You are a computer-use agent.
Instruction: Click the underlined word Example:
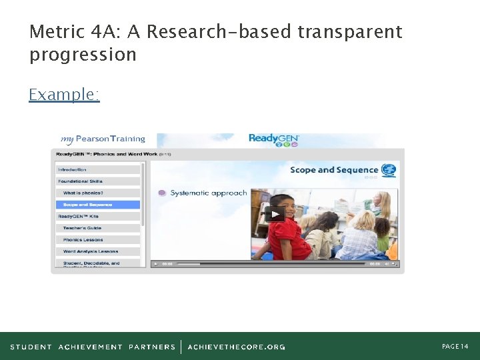click(64, 95)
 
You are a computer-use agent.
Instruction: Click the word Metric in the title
click(56, 32)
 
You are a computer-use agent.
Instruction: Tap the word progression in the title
click(83, 55)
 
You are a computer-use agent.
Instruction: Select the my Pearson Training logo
click(103, 139)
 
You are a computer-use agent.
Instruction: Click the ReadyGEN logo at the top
click(273, 139)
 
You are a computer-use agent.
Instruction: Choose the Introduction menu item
click(72, 169)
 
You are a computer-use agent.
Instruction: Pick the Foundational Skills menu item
click(80, 181)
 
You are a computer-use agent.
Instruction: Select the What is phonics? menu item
click(83, 193)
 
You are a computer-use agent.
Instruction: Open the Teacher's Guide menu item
click(83, 228)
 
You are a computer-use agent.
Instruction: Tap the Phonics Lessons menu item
click(83, 240)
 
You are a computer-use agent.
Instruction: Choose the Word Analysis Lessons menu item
click(91, 251)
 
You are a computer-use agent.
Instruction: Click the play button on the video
click(274, 214)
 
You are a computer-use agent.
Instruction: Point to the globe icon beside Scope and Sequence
click(389, 170)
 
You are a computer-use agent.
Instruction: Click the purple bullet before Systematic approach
click(162, 193)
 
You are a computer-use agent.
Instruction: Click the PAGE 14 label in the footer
click(455, 347)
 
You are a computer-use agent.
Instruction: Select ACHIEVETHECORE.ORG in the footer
click(237, 347)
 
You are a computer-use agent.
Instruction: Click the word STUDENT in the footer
click(31, 347)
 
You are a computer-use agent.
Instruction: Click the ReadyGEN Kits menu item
click(79, 217)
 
